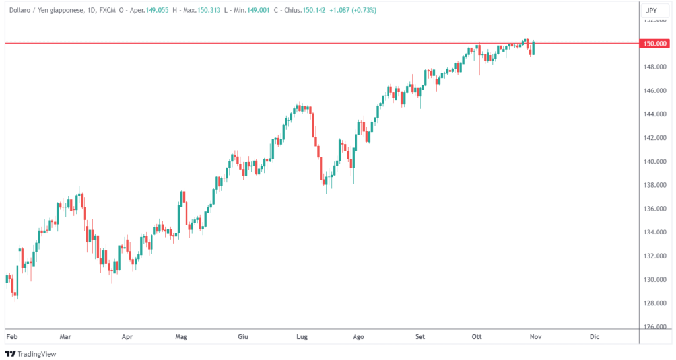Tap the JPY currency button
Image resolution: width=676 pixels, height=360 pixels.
[x=651, y=11]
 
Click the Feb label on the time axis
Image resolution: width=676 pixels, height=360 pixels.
[x=11, y=337]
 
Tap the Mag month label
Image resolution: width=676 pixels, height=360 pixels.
[x=181, y=337]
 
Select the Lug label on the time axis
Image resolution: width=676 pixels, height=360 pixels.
[x=302, y=337]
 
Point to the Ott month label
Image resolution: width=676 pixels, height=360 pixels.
[x=477, y=337]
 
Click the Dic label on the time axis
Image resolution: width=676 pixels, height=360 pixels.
[x=594, y=337]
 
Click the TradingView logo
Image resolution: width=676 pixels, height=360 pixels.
[x=32, y=354]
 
